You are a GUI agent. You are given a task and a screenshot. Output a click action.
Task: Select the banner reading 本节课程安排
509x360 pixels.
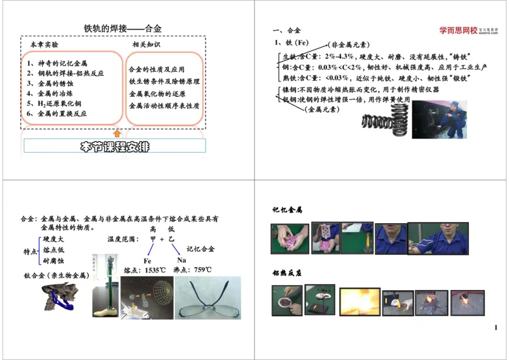pyautogui.click(x=115, y=146)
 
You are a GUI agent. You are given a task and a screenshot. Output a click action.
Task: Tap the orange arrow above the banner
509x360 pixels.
pyautogui.click(x=116, y=133)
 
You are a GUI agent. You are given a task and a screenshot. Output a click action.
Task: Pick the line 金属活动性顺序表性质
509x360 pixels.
pyautogui.click(x=164, y=106)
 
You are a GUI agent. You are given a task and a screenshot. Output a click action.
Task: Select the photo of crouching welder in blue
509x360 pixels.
pyautogui.click(x=439, y=119)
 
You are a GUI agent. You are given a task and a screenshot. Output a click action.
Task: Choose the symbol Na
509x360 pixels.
pyautogui.click(x=181, y=260)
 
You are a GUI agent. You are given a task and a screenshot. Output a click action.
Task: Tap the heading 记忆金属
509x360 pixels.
pyautogui.click(x=287, y=210)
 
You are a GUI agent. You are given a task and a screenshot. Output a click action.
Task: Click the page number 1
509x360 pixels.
pyautogui.click(x=496, y=328)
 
